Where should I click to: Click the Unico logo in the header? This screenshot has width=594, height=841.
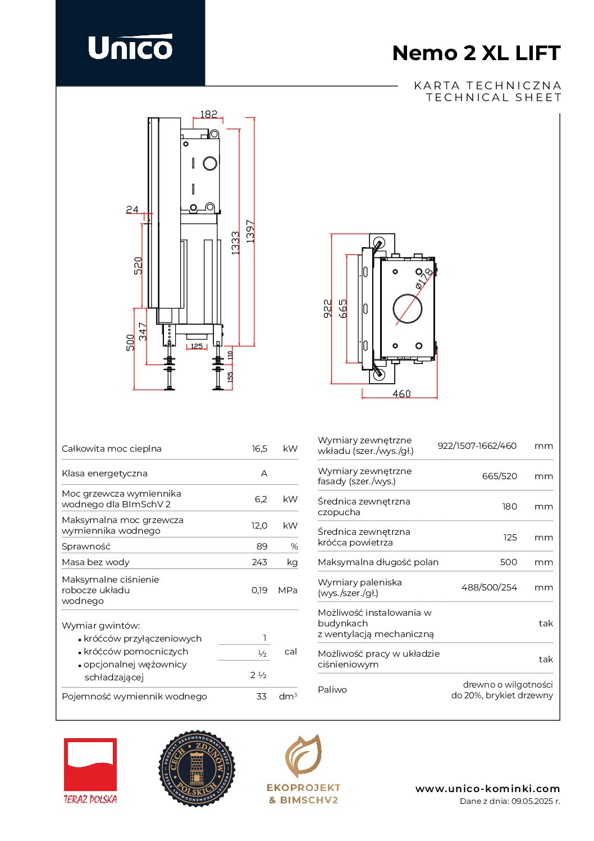[130, 47]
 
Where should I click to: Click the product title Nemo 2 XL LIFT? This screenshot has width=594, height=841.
[476, 53]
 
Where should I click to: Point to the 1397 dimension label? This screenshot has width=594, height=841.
[250, 231]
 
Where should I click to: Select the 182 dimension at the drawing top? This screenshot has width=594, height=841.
[208, 114]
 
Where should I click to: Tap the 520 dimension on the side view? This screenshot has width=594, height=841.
[138, 265]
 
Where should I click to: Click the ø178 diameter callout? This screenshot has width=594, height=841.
[424, 279]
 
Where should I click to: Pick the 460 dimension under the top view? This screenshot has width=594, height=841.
[401, 394]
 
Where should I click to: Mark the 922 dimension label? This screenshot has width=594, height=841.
[328, 309]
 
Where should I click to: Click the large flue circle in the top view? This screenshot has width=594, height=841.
[408, 308]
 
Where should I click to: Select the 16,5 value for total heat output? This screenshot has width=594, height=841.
[259, 449]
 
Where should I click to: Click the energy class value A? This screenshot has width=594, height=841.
[264, 474]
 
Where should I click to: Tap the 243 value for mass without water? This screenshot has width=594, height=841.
[259, 562]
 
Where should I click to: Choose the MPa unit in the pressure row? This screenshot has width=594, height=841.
[287, 590]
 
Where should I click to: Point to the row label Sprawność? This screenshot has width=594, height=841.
[86, 547]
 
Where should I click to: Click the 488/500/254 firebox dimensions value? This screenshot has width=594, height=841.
[489, 588]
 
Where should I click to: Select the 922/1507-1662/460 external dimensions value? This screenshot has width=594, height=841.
[477, 446]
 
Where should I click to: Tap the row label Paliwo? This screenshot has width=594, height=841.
[332, 690]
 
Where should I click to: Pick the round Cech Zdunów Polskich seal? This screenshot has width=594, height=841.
[197, 769]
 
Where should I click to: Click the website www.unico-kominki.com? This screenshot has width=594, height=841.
[487, 789]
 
